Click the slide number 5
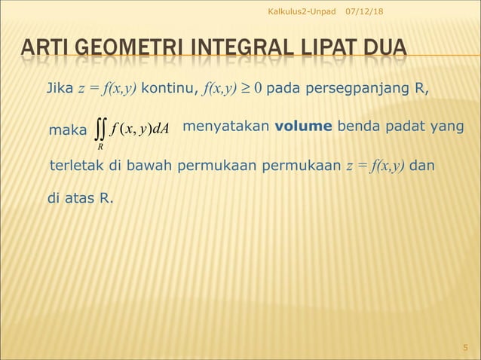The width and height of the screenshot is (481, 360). click(465, 347)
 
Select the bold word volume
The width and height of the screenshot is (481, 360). click(308, 127)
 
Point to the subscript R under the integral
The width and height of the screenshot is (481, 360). click(100, 147)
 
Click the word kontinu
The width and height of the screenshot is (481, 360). click(167, 92)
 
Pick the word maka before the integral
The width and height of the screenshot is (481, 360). click(67, 130)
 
